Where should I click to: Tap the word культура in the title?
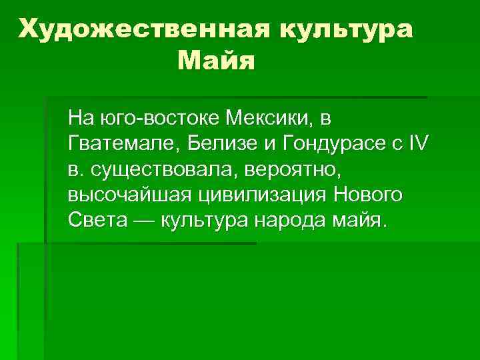(x=346, y=29)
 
